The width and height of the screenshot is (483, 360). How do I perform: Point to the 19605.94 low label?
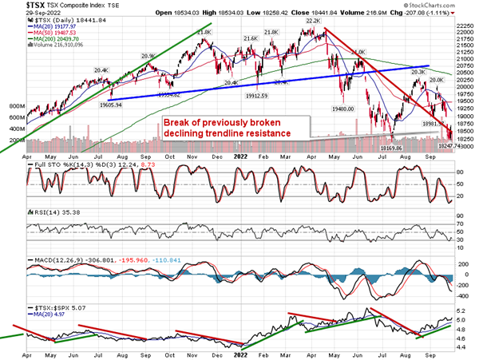pos(106,105)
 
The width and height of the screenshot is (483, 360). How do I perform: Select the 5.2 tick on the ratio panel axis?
pos(460,308)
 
